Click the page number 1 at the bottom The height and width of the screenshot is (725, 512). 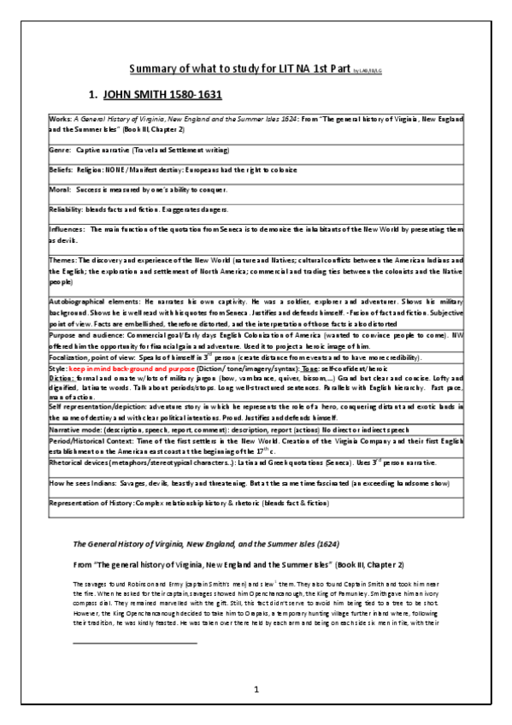click(x=256, y=689)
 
